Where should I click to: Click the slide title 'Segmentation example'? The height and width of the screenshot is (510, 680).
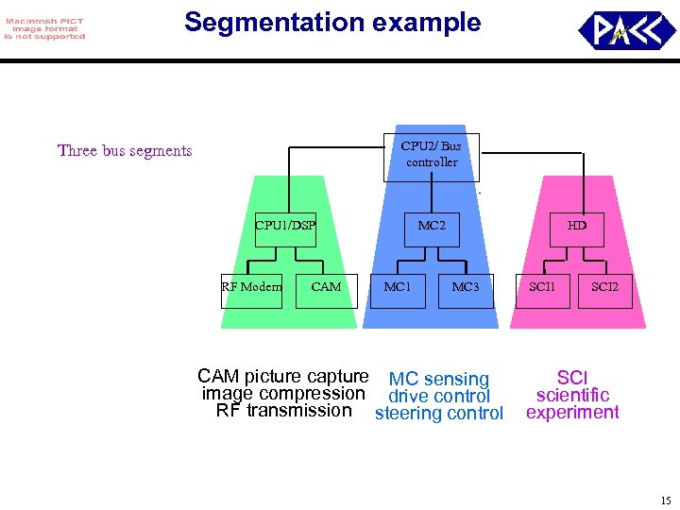coord(332,23)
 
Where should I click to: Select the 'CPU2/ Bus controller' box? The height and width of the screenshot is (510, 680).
coord(432,156)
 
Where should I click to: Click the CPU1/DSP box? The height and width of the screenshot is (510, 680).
coord(285,228)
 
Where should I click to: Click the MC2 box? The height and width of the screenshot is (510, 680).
coord(432,228)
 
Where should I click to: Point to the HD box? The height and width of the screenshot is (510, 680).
coord(576,228)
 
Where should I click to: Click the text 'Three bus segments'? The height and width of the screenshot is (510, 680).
coord(125,151)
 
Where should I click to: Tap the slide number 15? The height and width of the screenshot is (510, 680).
coord(665,501)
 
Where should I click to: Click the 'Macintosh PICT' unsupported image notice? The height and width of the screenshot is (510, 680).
coord(44,28)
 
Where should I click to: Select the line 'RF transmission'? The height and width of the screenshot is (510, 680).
coord(283,411)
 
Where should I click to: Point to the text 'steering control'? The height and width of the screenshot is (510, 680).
coord(439,414)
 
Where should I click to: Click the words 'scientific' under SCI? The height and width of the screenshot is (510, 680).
coord(572,396)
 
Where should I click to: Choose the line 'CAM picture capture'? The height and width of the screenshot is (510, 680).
coord(283,377)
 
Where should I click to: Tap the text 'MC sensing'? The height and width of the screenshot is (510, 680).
coord(439,380)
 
